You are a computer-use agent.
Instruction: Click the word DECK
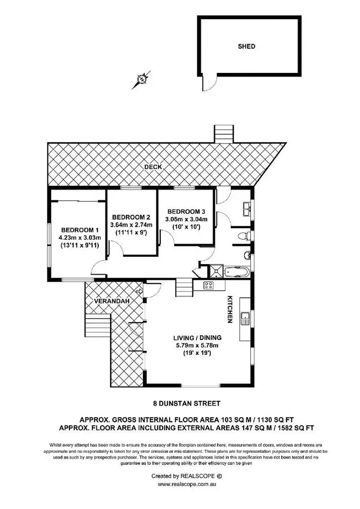(154, 167)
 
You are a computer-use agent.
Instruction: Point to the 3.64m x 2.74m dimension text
(132, 224)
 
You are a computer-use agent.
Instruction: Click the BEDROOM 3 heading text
(187, 211)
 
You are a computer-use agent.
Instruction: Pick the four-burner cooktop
(209, 286)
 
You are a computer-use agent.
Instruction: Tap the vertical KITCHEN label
(230, 309)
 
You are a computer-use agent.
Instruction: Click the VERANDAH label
(106, 301)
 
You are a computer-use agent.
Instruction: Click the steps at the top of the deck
(222, 134)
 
